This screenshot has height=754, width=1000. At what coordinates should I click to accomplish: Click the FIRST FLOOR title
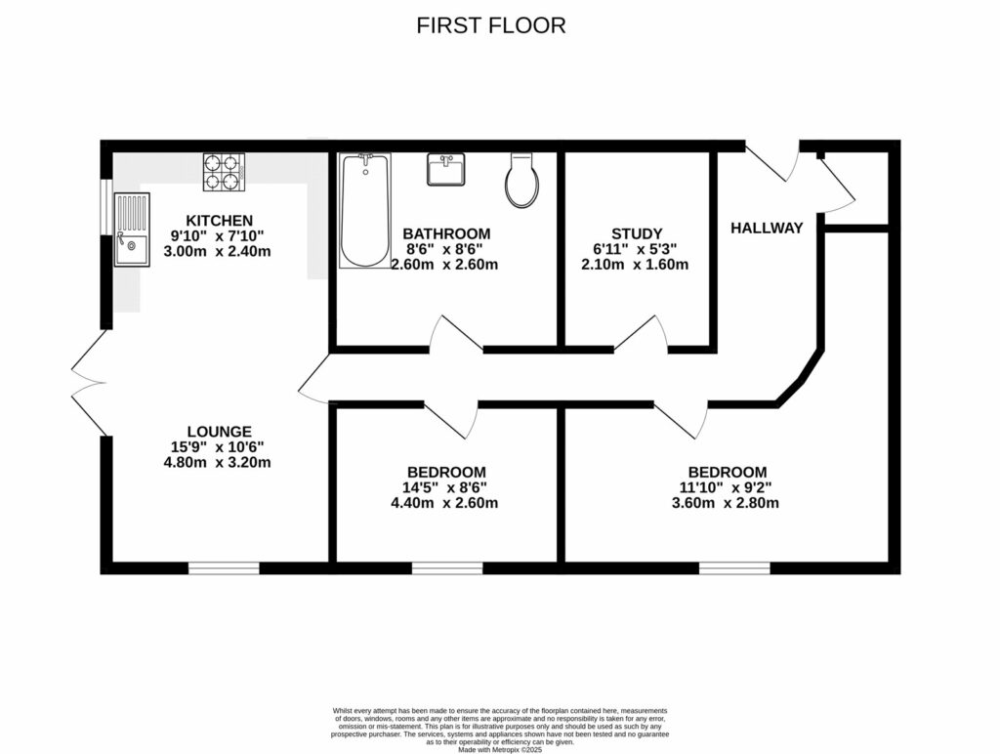coord(490,25)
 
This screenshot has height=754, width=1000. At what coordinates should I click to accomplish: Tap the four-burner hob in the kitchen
coord(224,172)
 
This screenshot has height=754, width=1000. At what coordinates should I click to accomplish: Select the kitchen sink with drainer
coord(131,230)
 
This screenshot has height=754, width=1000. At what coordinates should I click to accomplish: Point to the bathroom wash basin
coord(447,170)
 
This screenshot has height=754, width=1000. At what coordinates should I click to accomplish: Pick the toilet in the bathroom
coord(521,181)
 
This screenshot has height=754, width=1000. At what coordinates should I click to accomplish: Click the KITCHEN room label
coord(220,221)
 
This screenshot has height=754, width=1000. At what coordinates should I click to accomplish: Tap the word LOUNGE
coord(220,431)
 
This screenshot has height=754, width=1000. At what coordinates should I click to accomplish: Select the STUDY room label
coord(637,233)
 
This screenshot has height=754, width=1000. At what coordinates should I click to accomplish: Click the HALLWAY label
coord(767,229)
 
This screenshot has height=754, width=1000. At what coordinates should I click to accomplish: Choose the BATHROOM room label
coord(446,233)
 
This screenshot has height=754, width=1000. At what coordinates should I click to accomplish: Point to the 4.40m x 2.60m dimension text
coord(444,503)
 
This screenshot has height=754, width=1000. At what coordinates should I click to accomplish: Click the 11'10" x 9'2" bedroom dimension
coord(727,487)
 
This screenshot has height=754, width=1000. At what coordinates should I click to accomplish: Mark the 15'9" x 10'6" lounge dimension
coord(220,446)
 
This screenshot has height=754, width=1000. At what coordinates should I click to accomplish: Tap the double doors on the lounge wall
coord(89,382)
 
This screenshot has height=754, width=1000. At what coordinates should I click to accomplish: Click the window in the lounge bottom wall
coord(224,567)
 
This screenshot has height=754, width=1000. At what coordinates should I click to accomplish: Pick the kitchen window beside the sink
coord(105,206)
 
